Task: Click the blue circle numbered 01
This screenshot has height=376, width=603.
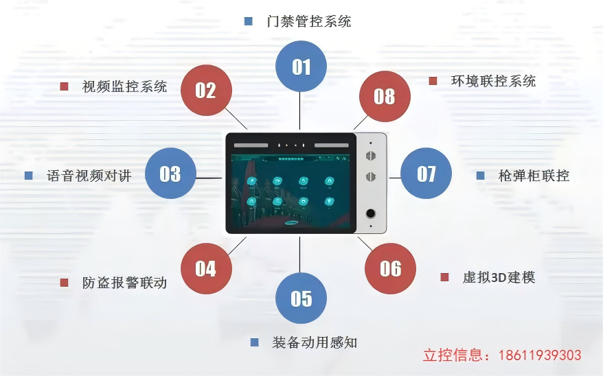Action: click(x=301, y=67)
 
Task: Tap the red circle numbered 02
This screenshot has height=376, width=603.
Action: click(x=205, y=90)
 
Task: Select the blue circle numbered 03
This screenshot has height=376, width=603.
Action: click(x=170, y=174)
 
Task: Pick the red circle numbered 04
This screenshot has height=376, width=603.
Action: click(x=205, y=268)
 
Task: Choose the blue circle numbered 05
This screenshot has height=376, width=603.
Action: click(x=301, y=298)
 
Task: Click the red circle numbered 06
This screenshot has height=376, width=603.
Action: click(x=390, y=268)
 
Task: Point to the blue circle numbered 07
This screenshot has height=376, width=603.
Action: click(x=426, y=174)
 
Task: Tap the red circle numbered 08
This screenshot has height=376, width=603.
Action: click(x=385, y=96)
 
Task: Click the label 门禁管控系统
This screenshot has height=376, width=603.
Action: click(x=309, y=21)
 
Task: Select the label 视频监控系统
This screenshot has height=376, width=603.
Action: click(x=124, y=86)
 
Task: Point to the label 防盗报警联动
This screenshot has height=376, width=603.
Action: click(x=124, y=283)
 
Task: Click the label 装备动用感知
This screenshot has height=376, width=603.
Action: click(x=315, y=342)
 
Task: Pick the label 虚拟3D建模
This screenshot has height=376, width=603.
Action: click(x=499, y=277)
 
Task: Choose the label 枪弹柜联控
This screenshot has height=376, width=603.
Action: click(x=534, y=176)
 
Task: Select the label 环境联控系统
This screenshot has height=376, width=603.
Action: click(x=493, y=81)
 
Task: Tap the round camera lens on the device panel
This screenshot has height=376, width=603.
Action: click(x=371, y=213)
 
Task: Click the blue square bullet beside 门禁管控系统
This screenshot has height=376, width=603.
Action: click(x=248, y=21)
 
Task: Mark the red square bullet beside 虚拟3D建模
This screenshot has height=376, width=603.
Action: click(x=444, y=277)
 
